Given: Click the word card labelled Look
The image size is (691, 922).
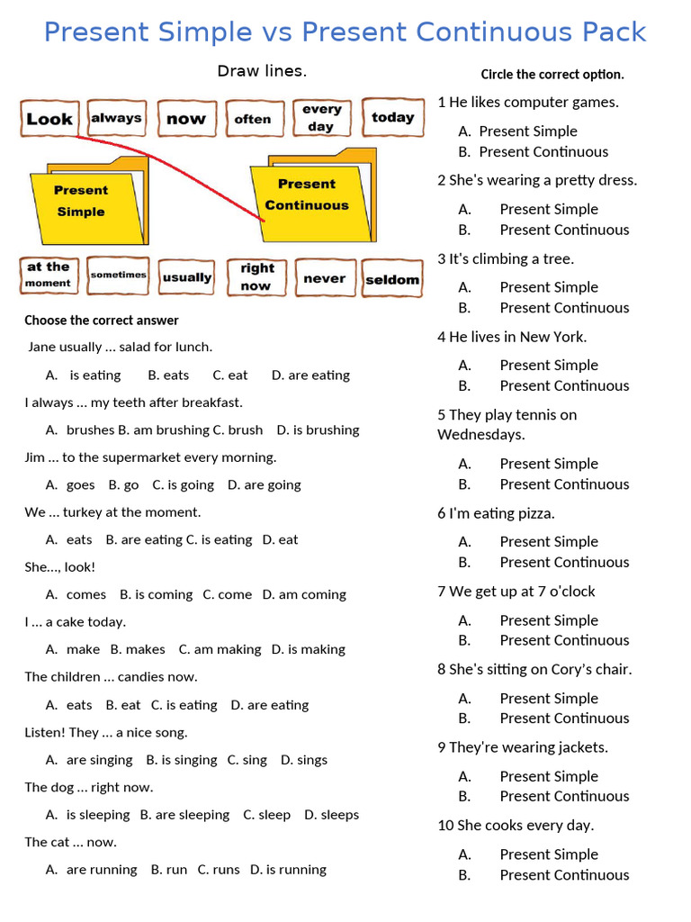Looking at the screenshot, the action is pyautogui.click(x=49, y=119).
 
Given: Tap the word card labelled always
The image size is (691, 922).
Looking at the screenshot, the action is pyautogui.click(x=117, y=118).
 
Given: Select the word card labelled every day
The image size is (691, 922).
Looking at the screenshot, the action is pyautogui.click(x=321, y=118).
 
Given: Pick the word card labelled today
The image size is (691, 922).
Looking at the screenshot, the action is pyautogui.click(x=392, y=117).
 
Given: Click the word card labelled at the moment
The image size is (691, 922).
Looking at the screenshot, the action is pyautogui.click(x=49, y=275).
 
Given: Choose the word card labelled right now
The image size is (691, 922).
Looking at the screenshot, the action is pyautogui.click(x=256, y=276).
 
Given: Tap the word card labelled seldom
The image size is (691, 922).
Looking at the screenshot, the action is pyautogui.click(x=392, y=279).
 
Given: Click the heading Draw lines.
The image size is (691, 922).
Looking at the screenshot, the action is pyautogui.click(x=262, y=71).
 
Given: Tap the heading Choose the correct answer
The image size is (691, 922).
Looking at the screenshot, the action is pyautogui.click(x=102, y=320).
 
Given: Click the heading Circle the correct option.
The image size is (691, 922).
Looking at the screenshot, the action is pyautogui.click(x=552, y=75).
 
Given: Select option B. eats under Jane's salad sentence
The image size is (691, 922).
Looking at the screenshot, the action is pyautogui.click(x=168, y=375).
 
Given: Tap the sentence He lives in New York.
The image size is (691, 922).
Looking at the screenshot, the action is pyautogui.click(x=512, y=337).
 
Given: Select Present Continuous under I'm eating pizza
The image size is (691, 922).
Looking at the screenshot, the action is pyautogui.click(x=564, y=562).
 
